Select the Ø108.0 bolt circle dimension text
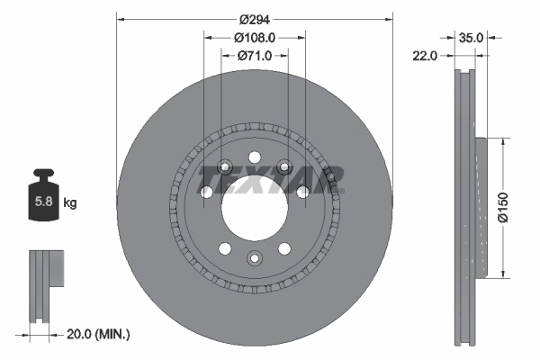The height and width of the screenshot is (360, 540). point(255,38)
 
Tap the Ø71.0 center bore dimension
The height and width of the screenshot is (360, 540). point(255,56)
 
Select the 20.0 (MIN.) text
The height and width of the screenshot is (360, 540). point(100,334)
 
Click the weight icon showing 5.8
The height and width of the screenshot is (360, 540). point(41,200)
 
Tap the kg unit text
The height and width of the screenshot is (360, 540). point(69,203)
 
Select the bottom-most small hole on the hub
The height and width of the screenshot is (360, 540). point(255,260)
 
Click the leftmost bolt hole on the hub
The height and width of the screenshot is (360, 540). point(206,193)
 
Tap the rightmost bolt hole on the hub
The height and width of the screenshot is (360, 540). point(303,191)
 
